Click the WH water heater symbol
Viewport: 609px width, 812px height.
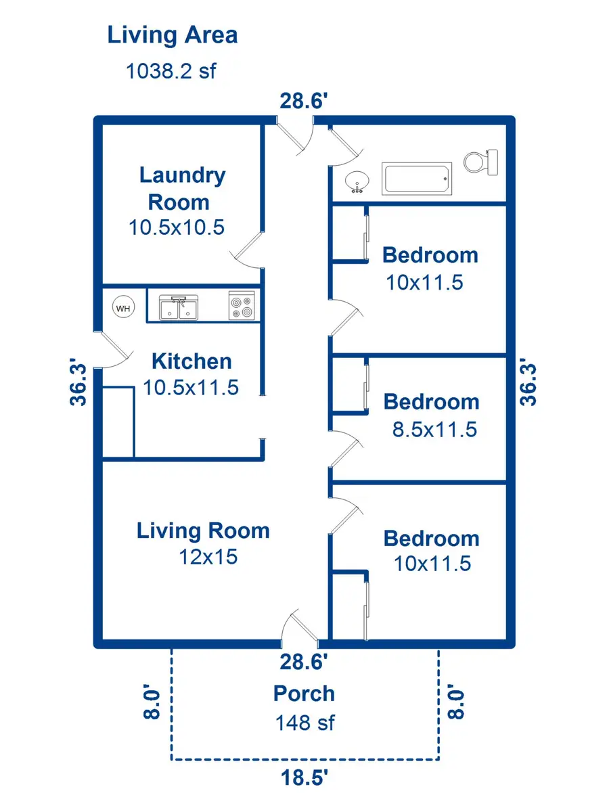coord(123,308)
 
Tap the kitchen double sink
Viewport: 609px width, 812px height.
coord(179,307)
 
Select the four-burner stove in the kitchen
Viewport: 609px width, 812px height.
coord(242,304)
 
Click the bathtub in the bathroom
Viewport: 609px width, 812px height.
coord(416,179)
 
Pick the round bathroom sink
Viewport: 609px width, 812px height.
coord(357,182)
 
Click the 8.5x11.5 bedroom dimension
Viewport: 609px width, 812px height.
coord(435,429)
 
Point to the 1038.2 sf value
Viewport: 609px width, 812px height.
coord(171,70)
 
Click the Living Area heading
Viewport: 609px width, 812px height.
coord(173,35)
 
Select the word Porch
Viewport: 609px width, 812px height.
coord(304,694)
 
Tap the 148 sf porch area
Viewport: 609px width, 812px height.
coord(304,723)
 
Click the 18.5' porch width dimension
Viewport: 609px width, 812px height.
coord(304,777)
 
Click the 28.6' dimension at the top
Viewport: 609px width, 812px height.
coord(304,101)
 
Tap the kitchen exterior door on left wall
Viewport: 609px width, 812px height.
coord(114,350)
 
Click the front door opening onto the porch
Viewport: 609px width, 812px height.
coord(300,627)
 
